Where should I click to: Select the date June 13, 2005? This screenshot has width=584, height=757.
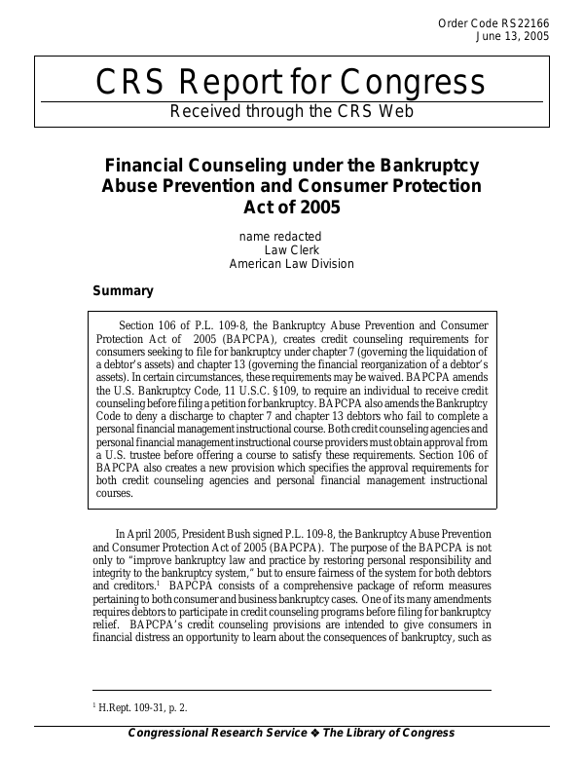click(x=512, y=36)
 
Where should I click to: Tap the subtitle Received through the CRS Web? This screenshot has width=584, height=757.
click(x=292, y=111)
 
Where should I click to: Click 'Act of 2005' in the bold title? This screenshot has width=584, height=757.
click(x=292, y=207)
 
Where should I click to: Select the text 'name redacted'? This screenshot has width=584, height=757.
click(x=280, y=236)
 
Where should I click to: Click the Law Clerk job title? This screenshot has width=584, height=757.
click(x=292, y=249)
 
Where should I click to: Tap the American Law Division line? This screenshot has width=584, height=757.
click(x=292, y=263)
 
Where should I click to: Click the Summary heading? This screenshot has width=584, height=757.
click(x=123, y=290)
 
